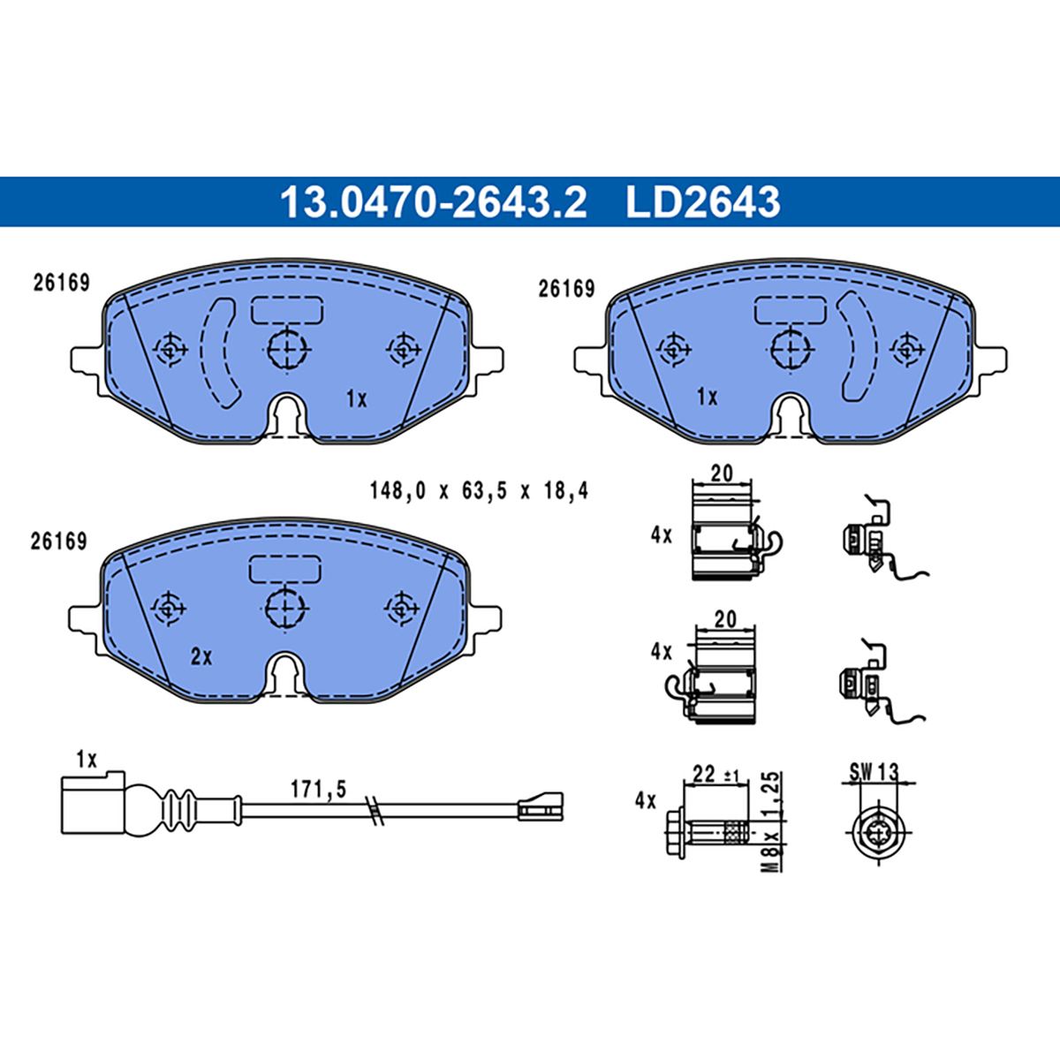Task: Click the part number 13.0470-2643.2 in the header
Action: [x=434, y=201]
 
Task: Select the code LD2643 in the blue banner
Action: [x=703, y=201]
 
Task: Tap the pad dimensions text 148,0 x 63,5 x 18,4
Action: [x=479, y=490]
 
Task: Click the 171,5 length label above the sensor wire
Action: [x=319, y=790]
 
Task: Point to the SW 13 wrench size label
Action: [x=874, y=772]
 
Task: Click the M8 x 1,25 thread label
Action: [x=773, y=821]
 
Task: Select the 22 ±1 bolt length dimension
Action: [x=720, y=774]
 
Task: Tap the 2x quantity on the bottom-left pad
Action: [x=201, y=656]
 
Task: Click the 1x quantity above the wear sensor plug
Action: [x=87, y=761]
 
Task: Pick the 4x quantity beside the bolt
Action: [x=645, y=801]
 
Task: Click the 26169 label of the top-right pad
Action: [x=566, y=289]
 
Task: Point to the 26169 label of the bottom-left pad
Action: [x=59, y=541]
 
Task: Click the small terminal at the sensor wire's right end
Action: [x=541, y=806]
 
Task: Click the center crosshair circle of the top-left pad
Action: [x=286, y=349]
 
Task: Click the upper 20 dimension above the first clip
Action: [x=722, y=473]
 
